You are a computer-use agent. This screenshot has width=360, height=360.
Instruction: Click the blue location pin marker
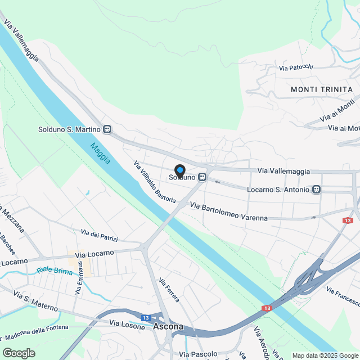tap(179, 170)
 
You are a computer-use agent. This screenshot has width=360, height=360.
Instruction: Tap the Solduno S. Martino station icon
tap(107, 129)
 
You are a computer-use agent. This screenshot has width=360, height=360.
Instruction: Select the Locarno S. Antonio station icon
tap(317, 190)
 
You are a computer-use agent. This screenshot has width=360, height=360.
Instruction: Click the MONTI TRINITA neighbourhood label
tap(322, 89)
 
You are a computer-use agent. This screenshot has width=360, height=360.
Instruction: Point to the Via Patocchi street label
tap(296, 67)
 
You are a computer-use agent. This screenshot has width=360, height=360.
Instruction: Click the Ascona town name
tap(168, 326)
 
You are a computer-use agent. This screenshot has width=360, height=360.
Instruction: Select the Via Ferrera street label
tap(169, 290)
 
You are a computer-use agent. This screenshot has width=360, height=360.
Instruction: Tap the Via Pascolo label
tap(198, 354)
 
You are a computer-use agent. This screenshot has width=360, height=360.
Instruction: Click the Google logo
tap(18, 353)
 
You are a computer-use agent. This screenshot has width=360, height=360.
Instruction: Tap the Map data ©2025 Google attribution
tap(325, 355)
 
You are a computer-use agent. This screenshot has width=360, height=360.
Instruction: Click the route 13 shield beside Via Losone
tap(146, 318)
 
